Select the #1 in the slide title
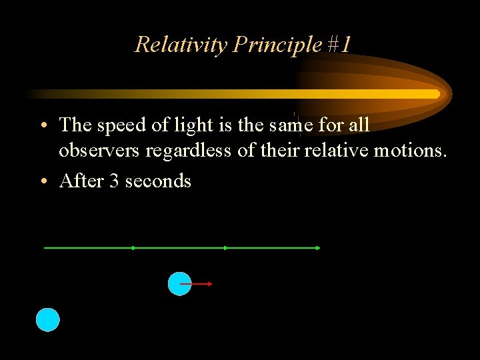[x=339, y=45]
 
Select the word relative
[x=337, y=151]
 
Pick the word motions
[x=410, y=151]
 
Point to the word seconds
[x=158, y=181]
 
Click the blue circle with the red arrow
[x=179, y=283]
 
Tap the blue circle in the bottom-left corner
[x=47, y=320]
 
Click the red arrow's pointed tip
[x=211, y=284]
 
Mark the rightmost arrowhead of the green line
[x=318, y=248]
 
